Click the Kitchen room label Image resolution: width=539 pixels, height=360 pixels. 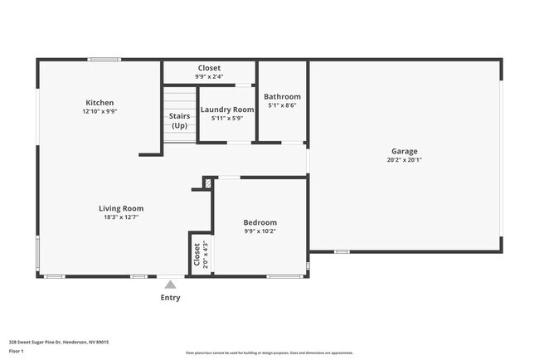(100, 103)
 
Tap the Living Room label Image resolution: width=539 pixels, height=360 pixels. (122, 208)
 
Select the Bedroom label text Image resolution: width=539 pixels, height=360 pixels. (260, 222)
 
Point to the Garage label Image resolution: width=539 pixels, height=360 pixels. (405, 151)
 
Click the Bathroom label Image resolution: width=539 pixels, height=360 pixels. (282, 97)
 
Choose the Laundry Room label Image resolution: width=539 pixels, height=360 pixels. (226, 109)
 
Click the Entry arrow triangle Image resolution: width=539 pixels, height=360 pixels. (170, 285)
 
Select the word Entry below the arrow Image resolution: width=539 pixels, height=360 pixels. (170, 298)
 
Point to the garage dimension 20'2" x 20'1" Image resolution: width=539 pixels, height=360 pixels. (405, 160)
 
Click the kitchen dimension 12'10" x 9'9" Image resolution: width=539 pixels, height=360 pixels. (100, 111)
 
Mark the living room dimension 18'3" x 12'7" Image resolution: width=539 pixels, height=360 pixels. (122, 217)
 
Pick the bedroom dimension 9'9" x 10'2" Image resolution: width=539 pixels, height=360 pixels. (260, 231)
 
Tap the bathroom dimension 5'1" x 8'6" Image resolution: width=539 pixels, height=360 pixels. (282, 105)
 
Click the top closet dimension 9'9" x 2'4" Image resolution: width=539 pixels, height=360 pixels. (209, 76)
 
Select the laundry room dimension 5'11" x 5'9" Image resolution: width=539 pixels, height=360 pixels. (226, 118)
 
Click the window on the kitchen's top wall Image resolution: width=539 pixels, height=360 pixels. (105, 59)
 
